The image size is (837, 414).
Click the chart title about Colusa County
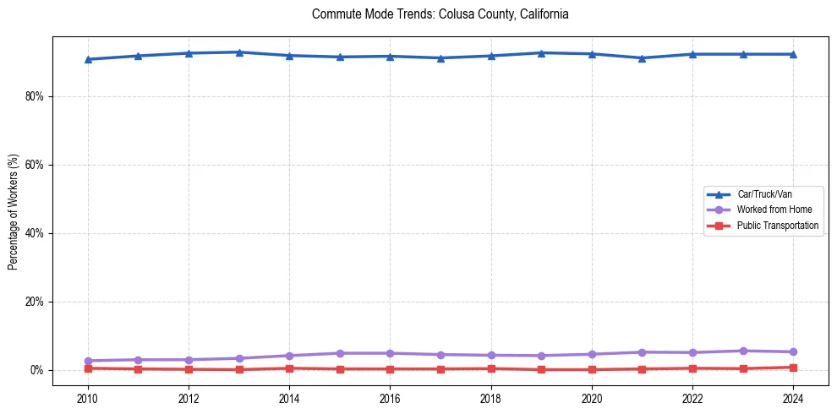(x=440, y=14)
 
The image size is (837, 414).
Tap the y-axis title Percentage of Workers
(x=13, y=211)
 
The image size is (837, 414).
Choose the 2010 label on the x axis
(x=88, y=398)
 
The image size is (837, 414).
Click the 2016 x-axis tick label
(x=390, y=398)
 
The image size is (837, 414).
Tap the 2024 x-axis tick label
(x=793, y=398)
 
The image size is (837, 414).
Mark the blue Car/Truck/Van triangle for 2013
(x=239, y=52)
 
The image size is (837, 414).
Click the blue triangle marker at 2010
(x=88, y=59)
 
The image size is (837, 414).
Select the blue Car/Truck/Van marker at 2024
(x=793, y=54)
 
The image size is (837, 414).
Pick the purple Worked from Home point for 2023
(x=743, y=351)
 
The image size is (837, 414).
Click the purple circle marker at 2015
(x=340, y=353)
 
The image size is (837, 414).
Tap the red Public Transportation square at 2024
(x=793, y=368)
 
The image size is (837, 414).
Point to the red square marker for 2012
(x=189, y=369)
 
